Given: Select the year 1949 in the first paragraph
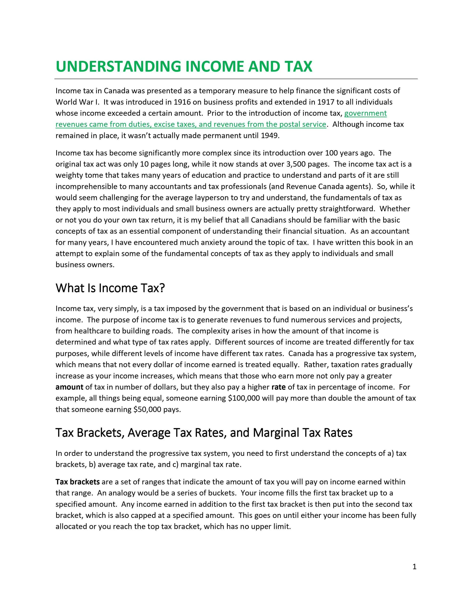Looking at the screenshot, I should click(270, 136).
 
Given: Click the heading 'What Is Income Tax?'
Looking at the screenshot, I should click(110, 288).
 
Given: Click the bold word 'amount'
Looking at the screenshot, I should click(69, 387).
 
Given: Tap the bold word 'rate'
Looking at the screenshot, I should click(278, 387).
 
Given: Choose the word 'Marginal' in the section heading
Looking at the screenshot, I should click(276, 433).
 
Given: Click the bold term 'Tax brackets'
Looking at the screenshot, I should click(77, 482).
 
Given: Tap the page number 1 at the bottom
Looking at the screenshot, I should click(414, 567).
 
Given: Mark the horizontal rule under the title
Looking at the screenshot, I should click(236, 79).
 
